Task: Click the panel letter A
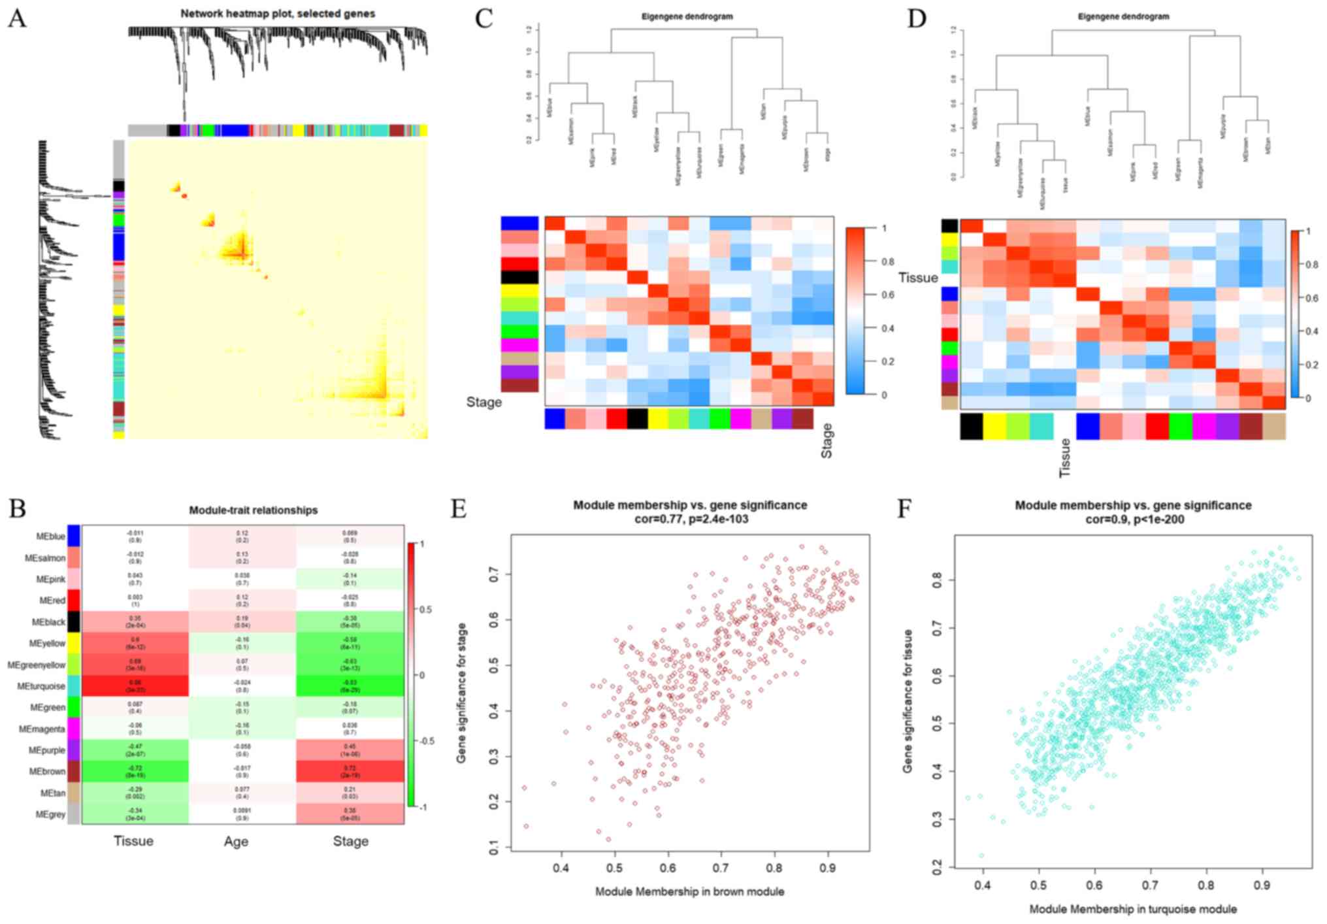click(17, 18)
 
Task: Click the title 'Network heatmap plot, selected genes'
click(278, 13)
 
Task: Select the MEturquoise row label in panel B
click(41, 686)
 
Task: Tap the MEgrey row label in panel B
click(50, 814)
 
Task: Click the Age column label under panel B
click(236, 842)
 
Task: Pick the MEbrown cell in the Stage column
click(350, 771)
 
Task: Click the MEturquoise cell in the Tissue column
click(135, 685)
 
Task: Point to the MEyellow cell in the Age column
click(242, 643)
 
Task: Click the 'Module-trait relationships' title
click(254, 510)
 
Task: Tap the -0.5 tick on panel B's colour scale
click(427, 741)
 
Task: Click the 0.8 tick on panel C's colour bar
click(887, 261)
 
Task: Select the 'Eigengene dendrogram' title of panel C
click(687, 16)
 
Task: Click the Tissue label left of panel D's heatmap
click(918, 278)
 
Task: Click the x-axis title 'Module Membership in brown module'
click(689, 891)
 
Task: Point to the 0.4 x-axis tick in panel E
click(561, 868)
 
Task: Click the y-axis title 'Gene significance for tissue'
click(908, 701)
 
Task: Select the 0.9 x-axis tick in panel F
click(1262, 885)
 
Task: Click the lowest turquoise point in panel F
click(981, 855)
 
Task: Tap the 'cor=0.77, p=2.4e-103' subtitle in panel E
click(690, 520)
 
